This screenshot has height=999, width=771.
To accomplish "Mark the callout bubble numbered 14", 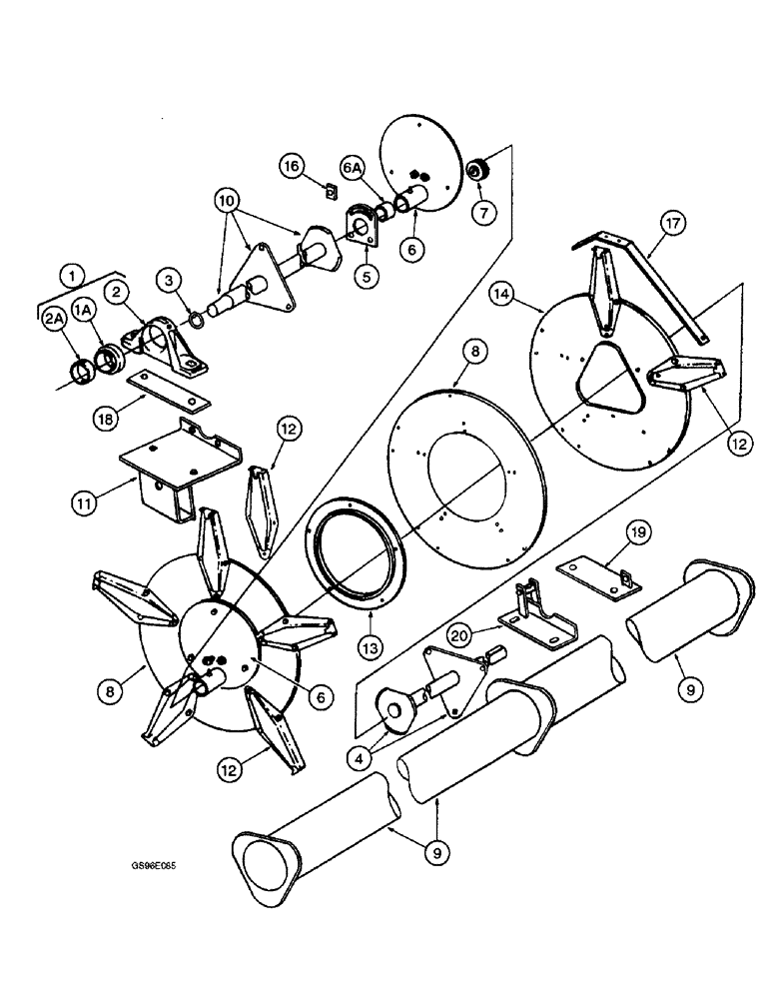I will (x=503, y=295).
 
